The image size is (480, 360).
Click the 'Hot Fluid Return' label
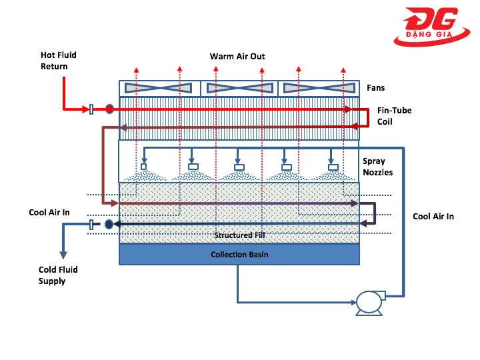coord(54,61)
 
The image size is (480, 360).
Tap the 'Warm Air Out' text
coord(237,57)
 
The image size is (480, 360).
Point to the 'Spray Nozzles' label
coord(377,167)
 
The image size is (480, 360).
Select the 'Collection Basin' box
coord(239,254)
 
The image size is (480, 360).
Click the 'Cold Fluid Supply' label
coord(58,275)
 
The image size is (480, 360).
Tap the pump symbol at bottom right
coord(368,302)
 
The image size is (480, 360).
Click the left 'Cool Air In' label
coord(49,213)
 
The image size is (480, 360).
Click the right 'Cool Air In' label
coord(433,216)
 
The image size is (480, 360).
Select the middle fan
coord(239,88)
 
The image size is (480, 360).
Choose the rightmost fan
coord(319,88)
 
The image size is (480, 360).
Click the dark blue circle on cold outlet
coord(109,225)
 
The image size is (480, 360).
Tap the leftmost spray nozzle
coord(143,167)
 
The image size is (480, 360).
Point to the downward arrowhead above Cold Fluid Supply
coord(64,254)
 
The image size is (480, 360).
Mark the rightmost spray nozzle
coord(333,167)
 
